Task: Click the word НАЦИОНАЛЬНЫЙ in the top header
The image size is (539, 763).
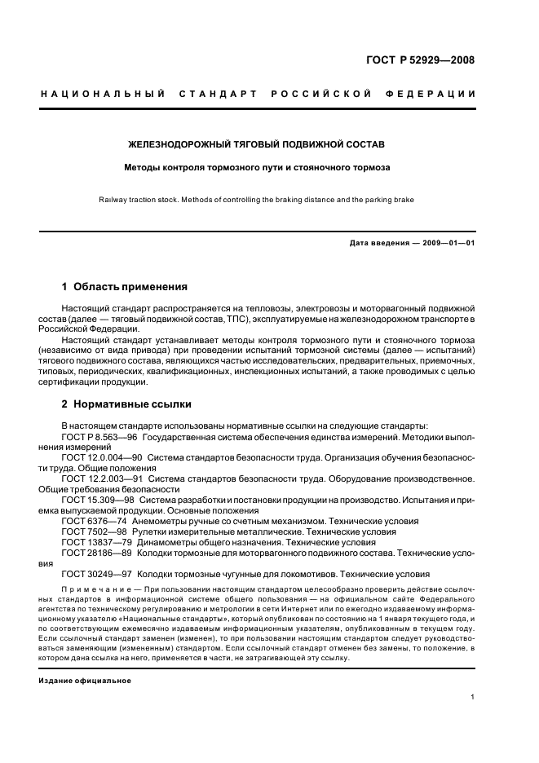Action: pyautogui.click(x=104, y=94)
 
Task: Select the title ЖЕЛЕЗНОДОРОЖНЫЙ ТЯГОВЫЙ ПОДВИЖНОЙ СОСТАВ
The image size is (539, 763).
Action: pyautogui.click(x=257, y=144)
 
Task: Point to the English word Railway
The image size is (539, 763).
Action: pyautogui.click(x=114, y=199)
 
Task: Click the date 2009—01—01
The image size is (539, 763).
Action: pyautogui.click(x=447, y=243)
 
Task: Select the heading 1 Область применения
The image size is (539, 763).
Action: pyautogui.click(x=125, y=287)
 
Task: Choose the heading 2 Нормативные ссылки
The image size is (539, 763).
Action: pyautogui.click(x=127, y=404)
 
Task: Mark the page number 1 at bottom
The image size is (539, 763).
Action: pyautogui.click(x=473, y=697)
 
